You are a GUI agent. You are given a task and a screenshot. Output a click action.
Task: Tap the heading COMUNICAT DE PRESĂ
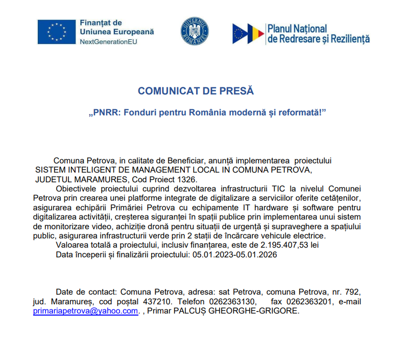click(196, 91)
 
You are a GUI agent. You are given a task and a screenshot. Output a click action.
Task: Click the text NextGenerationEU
click(108, 41)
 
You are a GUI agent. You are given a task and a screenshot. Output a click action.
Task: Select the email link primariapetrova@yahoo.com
click(86, 310)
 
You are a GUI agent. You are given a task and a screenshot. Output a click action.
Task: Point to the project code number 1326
click(185, 179)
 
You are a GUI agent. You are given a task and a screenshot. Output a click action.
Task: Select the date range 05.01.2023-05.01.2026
click(234, 255)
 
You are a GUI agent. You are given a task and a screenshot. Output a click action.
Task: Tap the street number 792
click(354, 292)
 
